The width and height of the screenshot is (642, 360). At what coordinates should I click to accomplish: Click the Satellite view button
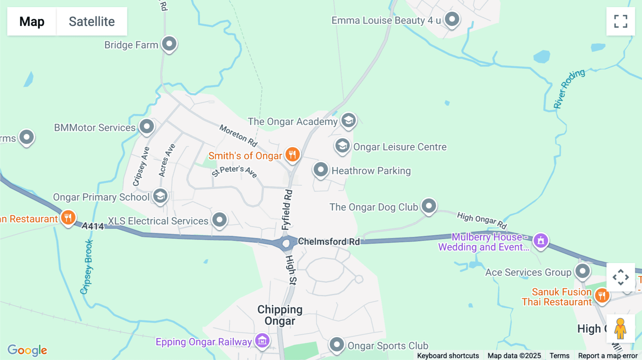(x=92, y=21)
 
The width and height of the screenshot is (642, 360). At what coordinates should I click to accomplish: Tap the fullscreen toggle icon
(x=621, y=21)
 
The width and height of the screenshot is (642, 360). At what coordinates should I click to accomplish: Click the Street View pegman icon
(x=620, y=329)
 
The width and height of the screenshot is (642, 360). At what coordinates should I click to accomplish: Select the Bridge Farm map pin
(x=169, y=44)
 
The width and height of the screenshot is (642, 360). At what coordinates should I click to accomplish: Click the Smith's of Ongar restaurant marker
(x=292, y=155)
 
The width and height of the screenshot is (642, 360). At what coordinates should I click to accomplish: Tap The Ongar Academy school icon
(x=348, y=120)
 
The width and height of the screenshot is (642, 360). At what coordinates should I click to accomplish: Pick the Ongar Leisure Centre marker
(x=342, y=146)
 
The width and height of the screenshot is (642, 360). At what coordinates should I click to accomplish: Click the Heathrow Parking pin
(x=320, y=170)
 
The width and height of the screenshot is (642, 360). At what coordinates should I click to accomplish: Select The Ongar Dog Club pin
(x=429, y=206)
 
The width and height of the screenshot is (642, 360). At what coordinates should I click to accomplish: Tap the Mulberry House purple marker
(x=541, y=241)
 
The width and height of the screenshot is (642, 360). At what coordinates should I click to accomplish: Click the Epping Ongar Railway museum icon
(x=263, y=341)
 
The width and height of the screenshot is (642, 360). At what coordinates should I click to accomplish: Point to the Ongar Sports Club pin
(x=336, y=345)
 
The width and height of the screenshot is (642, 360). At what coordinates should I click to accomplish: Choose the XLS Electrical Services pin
(x=219, y=220)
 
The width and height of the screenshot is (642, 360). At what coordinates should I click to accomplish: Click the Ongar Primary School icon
(x=160, y=196)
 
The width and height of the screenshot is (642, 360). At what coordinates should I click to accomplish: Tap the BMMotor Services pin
(x=147, y=127)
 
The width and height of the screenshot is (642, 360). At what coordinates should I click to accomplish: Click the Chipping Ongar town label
(x=280, y=315)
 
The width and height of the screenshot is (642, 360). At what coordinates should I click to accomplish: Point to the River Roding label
(x=569, y=89)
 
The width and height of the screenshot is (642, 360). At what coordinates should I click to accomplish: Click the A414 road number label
(x=93, y=226)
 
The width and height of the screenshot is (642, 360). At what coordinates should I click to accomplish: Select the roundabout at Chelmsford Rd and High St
(x=286, y=244)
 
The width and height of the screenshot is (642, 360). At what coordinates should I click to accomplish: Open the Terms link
(x=559, y=355)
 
